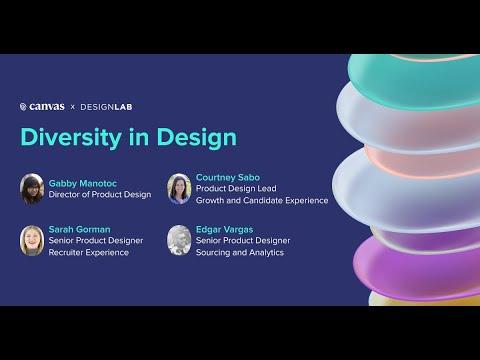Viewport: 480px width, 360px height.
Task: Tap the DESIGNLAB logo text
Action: [106, 107]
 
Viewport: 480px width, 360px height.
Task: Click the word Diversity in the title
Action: [71, 137]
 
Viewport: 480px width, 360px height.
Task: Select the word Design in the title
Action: [197, 137]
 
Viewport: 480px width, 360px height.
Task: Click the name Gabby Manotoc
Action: [83, 183]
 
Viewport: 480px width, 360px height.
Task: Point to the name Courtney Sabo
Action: [228, 177]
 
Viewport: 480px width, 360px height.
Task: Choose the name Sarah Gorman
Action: [79, 229]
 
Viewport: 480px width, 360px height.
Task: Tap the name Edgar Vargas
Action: [224, 230]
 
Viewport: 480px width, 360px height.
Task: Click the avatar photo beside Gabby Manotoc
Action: [32, 189]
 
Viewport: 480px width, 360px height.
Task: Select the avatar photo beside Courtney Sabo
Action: [179, 189]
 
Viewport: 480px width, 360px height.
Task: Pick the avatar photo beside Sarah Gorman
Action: [32, 241]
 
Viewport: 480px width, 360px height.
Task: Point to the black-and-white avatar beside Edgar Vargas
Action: [179, 240]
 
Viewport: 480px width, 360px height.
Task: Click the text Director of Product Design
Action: [100, 194]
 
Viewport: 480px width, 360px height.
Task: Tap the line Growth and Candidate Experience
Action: [262, 200]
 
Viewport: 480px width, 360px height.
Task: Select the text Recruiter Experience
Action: [89, 252]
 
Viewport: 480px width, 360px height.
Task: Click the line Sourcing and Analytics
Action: [240, 252]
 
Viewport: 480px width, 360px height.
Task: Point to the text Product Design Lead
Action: [236, 188]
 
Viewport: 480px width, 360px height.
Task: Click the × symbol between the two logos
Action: [73, 107]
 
